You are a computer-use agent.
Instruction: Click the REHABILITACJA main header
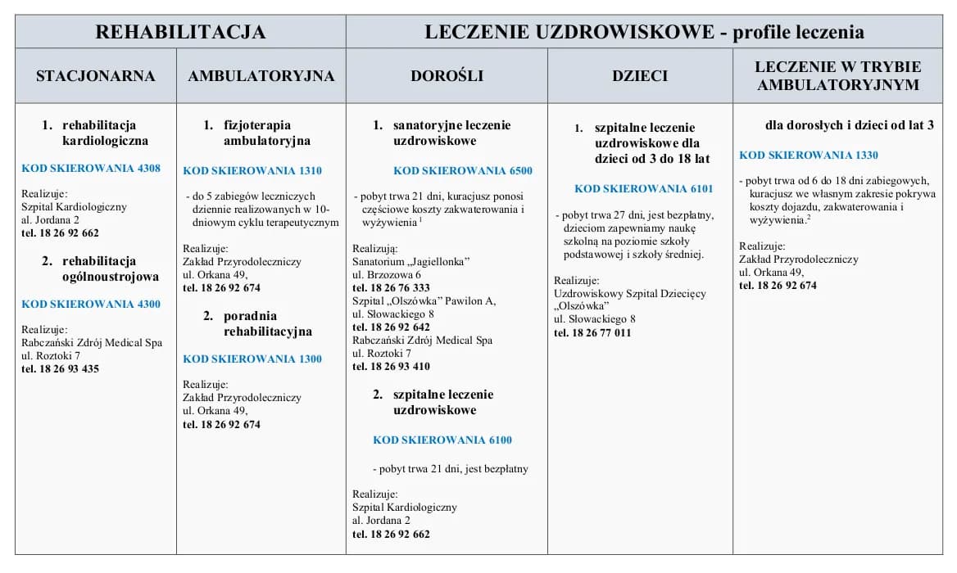[x=180, y=32]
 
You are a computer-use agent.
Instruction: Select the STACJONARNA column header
[x=95, y=76]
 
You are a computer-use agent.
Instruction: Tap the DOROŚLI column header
[x=447, y=76]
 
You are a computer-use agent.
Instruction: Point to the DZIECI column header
[x=640, y=76]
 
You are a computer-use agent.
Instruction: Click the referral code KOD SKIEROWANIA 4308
[x=91, y=169]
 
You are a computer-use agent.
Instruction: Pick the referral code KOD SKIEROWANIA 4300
[x=91, y=305]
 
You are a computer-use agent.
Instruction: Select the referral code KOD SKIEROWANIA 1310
[x=252, y=171]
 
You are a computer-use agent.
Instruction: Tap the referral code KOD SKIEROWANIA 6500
[x=463, y=171]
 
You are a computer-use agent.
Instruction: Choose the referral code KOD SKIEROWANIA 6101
[x=643, y=189]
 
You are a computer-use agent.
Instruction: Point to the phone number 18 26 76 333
[x=391, y=288]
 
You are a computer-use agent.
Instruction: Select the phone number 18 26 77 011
[x=592, y=333]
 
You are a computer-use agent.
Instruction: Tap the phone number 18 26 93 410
[x=391, y=367]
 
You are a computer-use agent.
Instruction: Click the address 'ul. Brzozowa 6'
[x=387, y=275]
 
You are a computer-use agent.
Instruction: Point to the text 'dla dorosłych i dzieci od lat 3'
[x=849, y=125]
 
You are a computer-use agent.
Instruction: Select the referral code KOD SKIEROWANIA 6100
[x=442, y=440]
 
